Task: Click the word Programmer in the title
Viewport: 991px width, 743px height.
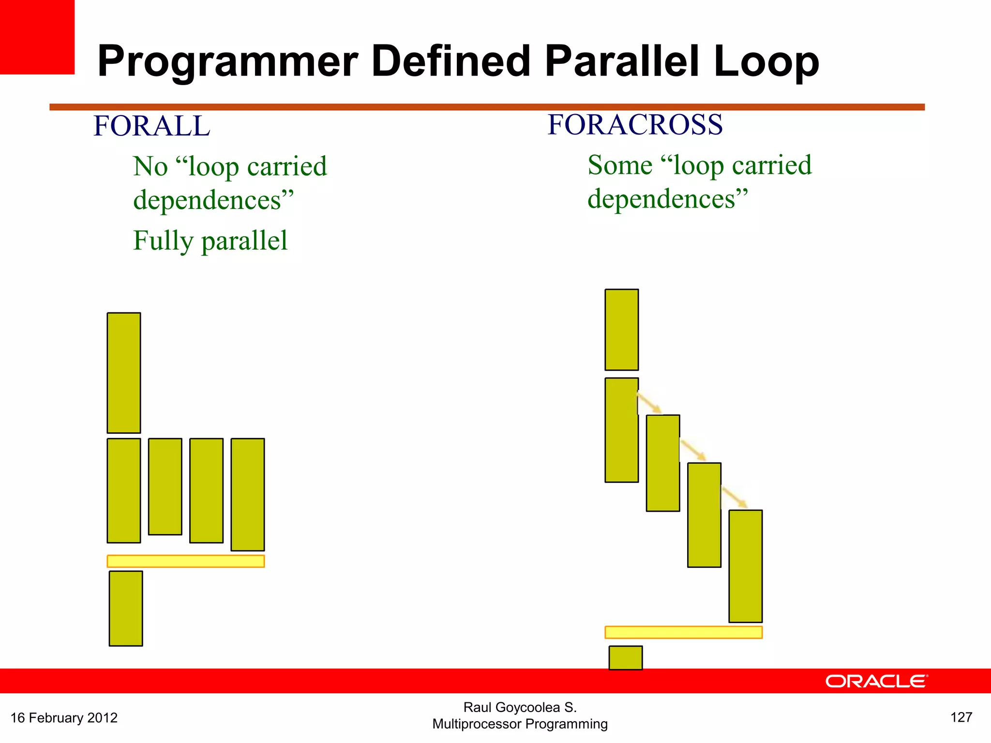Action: point(227,62)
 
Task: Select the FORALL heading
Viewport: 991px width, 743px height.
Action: point(151,126)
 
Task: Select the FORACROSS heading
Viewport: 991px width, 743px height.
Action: point(635,125)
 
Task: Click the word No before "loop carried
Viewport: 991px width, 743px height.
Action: point(150,166)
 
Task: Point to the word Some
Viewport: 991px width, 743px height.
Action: point(620,165)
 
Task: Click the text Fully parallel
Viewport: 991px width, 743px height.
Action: point(210,241)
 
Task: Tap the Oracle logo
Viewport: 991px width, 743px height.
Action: point(876,681)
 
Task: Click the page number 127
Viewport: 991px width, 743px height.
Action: point(961,717)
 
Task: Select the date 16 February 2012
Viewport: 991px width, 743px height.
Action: point(64,717)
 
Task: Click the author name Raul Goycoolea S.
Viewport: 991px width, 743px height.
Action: point(520,707)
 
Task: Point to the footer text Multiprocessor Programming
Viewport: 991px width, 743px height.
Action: point(520,724)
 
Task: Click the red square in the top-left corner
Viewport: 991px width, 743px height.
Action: point(37,37)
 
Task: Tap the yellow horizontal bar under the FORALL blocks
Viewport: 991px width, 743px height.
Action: point(186,561)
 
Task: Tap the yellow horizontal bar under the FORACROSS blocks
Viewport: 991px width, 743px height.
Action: point(683,632)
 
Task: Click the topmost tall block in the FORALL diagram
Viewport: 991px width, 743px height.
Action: point(124,372)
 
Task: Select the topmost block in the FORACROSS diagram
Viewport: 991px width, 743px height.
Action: point(622,329)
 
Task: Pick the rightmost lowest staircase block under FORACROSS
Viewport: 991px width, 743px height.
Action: point(746,566)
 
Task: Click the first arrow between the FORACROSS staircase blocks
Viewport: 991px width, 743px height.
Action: point(649,402)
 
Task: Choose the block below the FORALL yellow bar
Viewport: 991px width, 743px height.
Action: point(126,609)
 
